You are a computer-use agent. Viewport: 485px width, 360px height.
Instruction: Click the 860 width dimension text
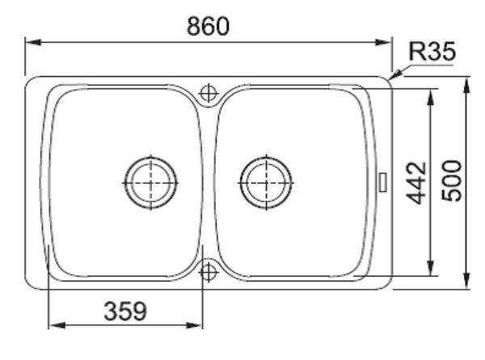coord(208,26)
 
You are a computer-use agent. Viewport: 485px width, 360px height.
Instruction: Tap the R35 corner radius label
coord(432,51)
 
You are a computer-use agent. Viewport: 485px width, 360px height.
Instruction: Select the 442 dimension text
coord(416,183)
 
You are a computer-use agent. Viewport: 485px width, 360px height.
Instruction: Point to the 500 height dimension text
coord(451,180)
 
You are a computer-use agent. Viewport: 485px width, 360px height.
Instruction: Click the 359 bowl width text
coord(125,311)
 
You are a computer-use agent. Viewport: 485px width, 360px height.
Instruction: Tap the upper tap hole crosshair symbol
coord(209,93)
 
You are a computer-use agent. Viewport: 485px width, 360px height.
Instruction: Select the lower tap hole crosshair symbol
coord(209,273)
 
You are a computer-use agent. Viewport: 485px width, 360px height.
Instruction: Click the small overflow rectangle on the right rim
coord(383,182)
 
